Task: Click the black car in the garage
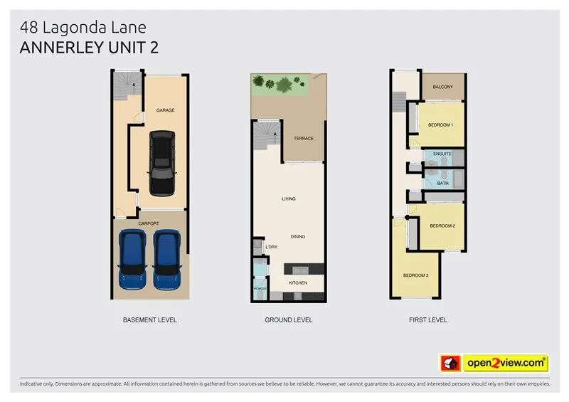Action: [161, 163]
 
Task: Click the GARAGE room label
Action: [166, 110]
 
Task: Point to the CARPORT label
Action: [149, 223]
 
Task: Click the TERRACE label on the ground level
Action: [304, 139]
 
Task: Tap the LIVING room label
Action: [288, 199]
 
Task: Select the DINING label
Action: [297, 236]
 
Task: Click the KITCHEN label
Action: [297, 282]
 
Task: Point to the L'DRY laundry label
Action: [270, 248]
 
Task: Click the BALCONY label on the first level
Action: [442, 87]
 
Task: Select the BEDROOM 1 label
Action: [440, 125]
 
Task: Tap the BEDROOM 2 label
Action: [442, 226]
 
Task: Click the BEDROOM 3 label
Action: [415, 275]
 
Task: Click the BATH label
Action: [442, 183]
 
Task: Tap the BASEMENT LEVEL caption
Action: [149, 320]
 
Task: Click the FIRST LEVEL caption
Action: [427, 320]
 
